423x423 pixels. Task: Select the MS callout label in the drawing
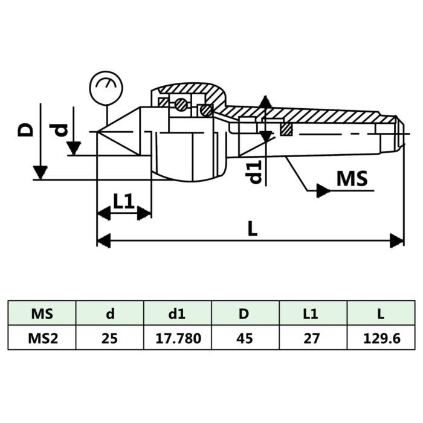352,179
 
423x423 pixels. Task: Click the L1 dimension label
124,202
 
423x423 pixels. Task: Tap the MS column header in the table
41,314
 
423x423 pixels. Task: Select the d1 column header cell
177,314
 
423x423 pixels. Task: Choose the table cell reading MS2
41,338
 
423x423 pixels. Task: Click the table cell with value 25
109,338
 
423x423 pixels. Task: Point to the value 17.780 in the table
177,338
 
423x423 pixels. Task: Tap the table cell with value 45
245,338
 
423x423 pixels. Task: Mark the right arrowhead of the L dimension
398,241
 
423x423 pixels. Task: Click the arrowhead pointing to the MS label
323,191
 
